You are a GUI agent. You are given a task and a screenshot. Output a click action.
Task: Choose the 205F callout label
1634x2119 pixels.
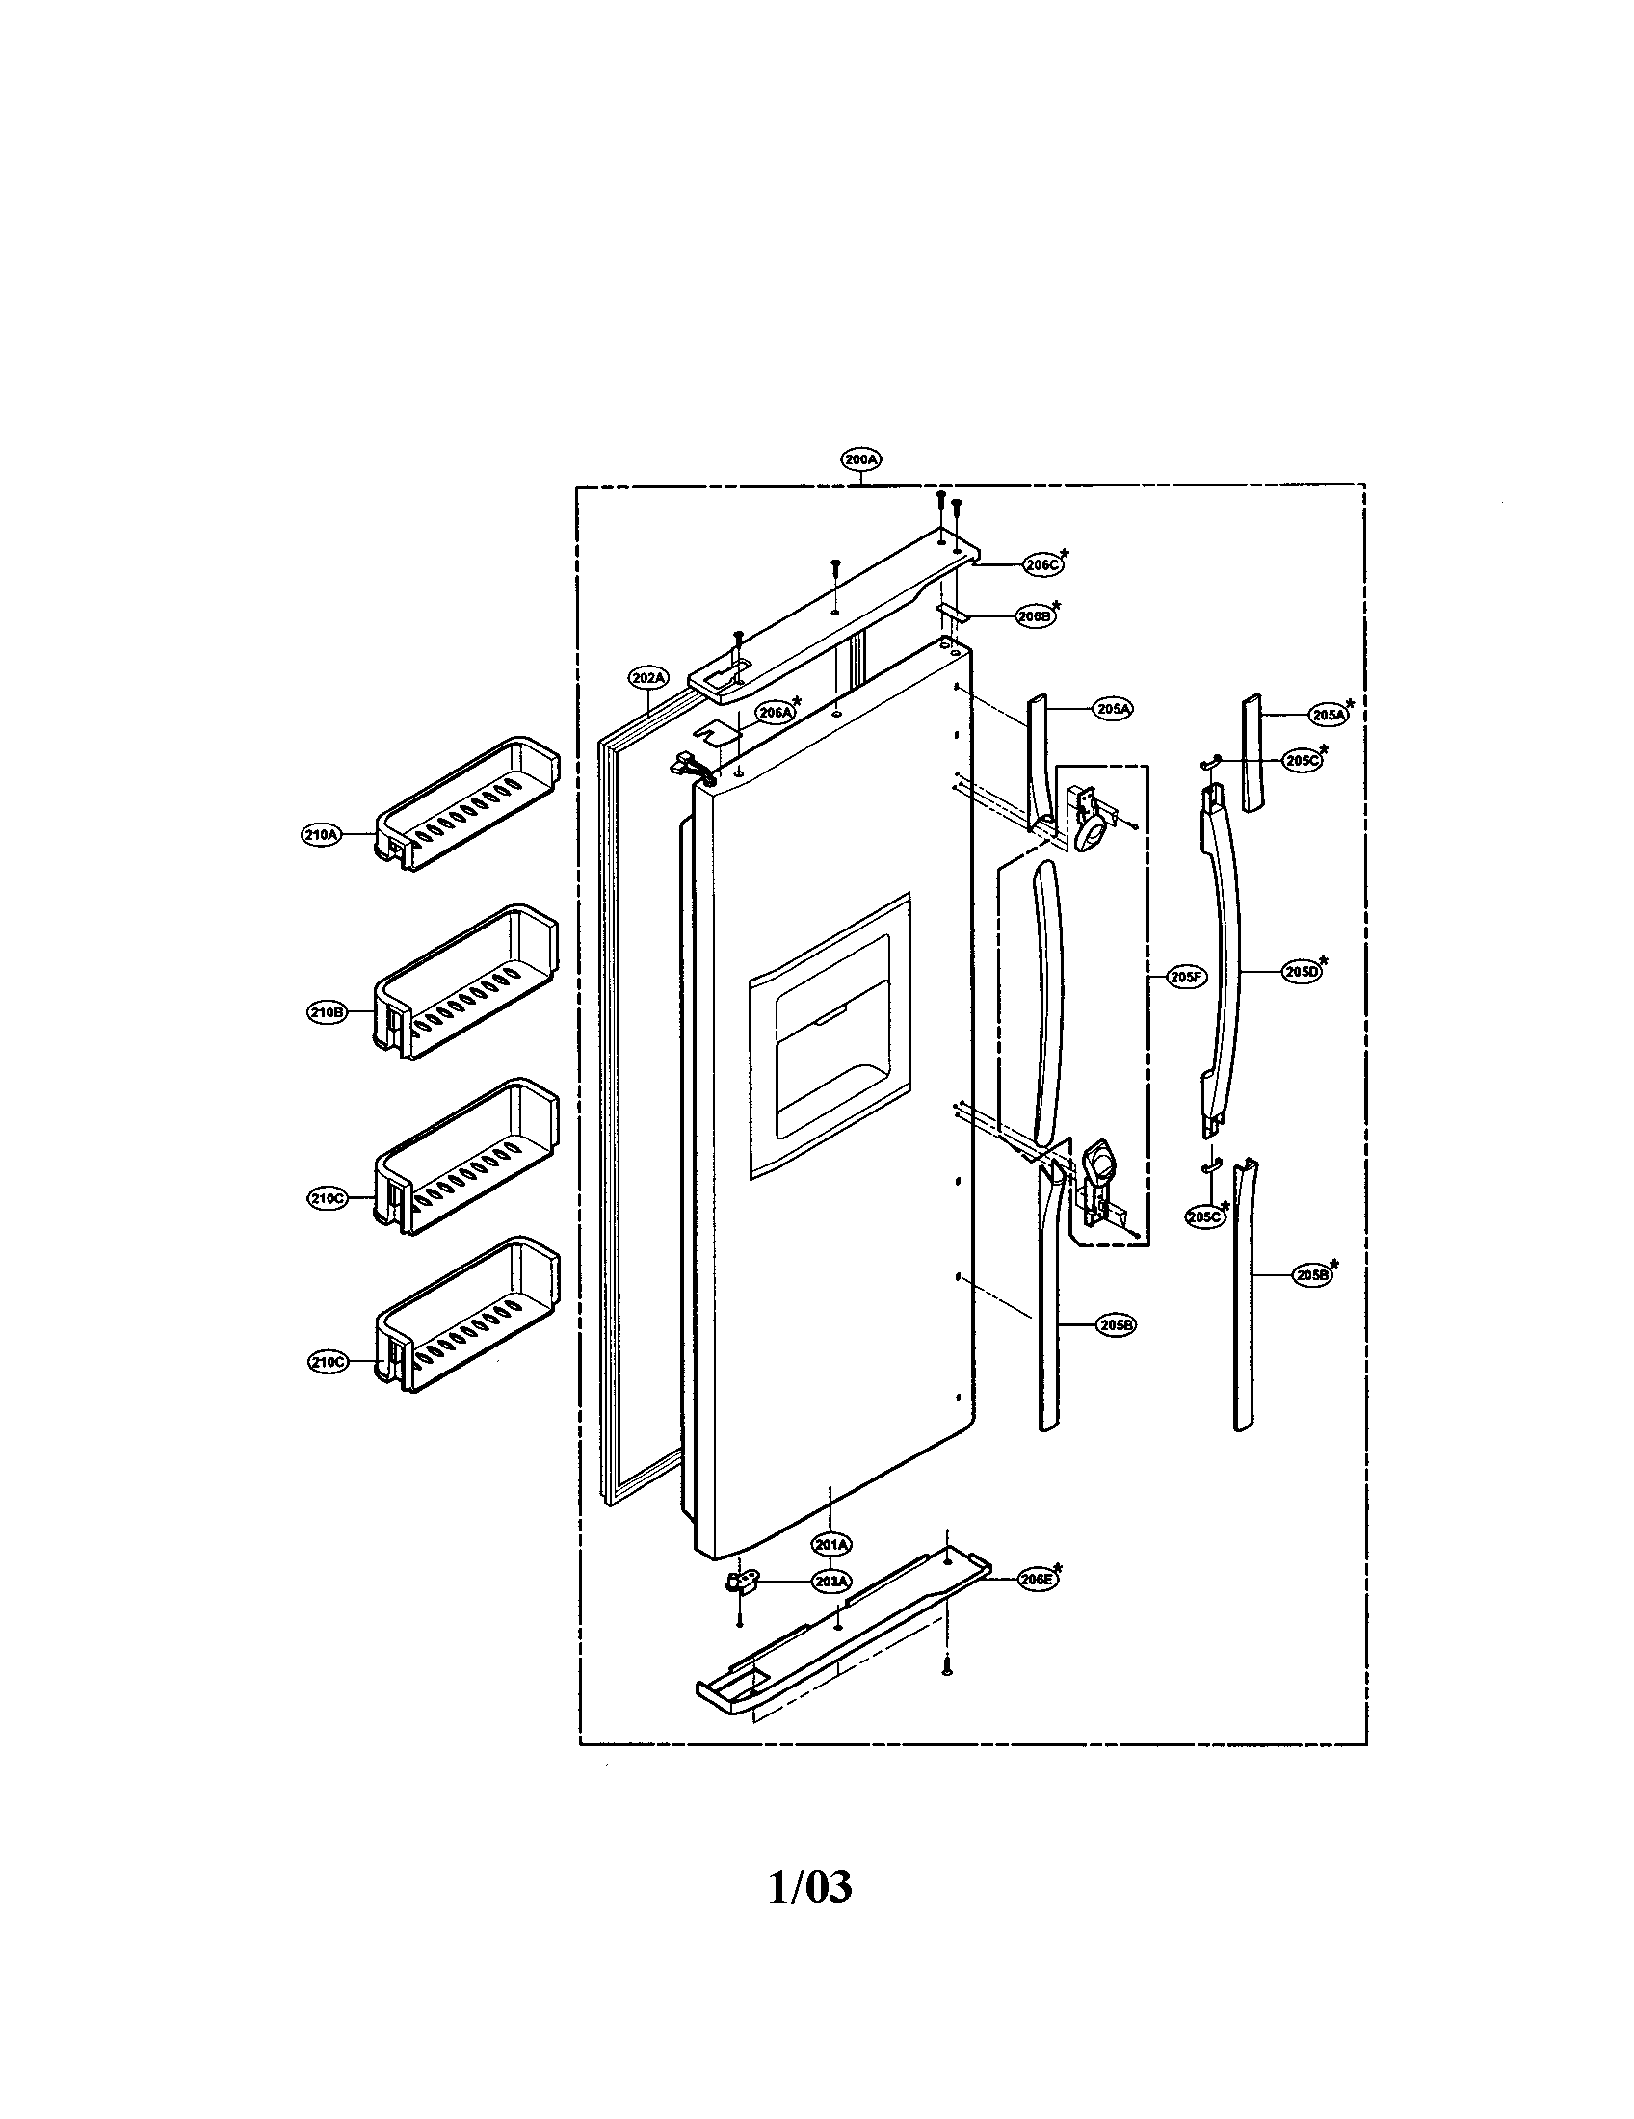pos(1186,977)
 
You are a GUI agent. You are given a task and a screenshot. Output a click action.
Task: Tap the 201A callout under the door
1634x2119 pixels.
pos(832,1544)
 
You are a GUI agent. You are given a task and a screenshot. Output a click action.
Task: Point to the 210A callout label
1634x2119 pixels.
pos(321,833)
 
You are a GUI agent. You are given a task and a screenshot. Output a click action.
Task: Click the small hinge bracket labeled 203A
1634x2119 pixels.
pos(744,1583)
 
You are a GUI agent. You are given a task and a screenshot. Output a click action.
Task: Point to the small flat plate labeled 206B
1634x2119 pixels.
pos(952,612)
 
